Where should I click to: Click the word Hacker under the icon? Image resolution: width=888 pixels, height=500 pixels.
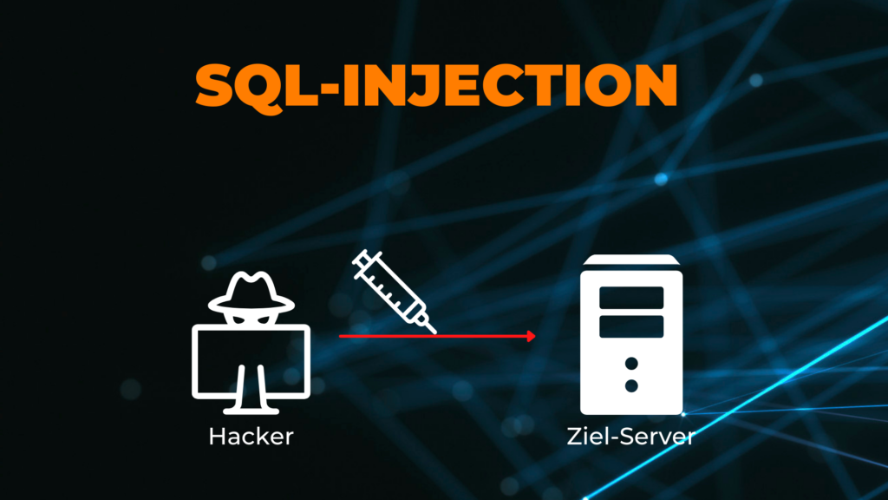[x=251, y=437]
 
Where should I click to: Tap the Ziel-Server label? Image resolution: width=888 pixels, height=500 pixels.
[x=631, y=437]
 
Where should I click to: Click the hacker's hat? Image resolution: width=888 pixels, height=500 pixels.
[x=251, y=293]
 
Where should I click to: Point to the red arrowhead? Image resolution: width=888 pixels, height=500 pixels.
[x=531, y=336]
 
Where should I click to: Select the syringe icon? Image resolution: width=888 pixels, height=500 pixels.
[x=395, y=292]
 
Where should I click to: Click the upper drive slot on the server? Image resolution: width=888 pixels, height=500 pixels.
[x=631, y=298]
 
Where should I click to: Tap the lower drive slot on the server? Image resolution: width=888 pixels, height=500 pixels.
[x=631, y=326]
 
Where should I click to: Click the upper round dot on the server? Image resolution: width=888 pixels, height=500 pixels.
[x=631, y=364]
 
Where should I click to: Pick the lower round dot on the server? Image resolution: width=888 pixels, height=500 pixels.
[x=631, y=386]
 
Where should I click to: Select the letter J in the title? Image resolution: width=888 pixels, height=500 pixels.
[x=421, y=85]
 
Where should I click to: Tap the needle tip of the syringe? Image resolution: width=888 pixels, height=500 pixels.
[x=435, y=332]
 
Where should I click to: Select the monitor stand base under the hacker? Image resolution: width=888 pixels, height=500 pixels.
[x=251, y=410]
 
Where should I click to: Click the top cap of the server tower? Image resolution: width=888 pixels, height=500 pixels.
[x=631, y=260]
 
